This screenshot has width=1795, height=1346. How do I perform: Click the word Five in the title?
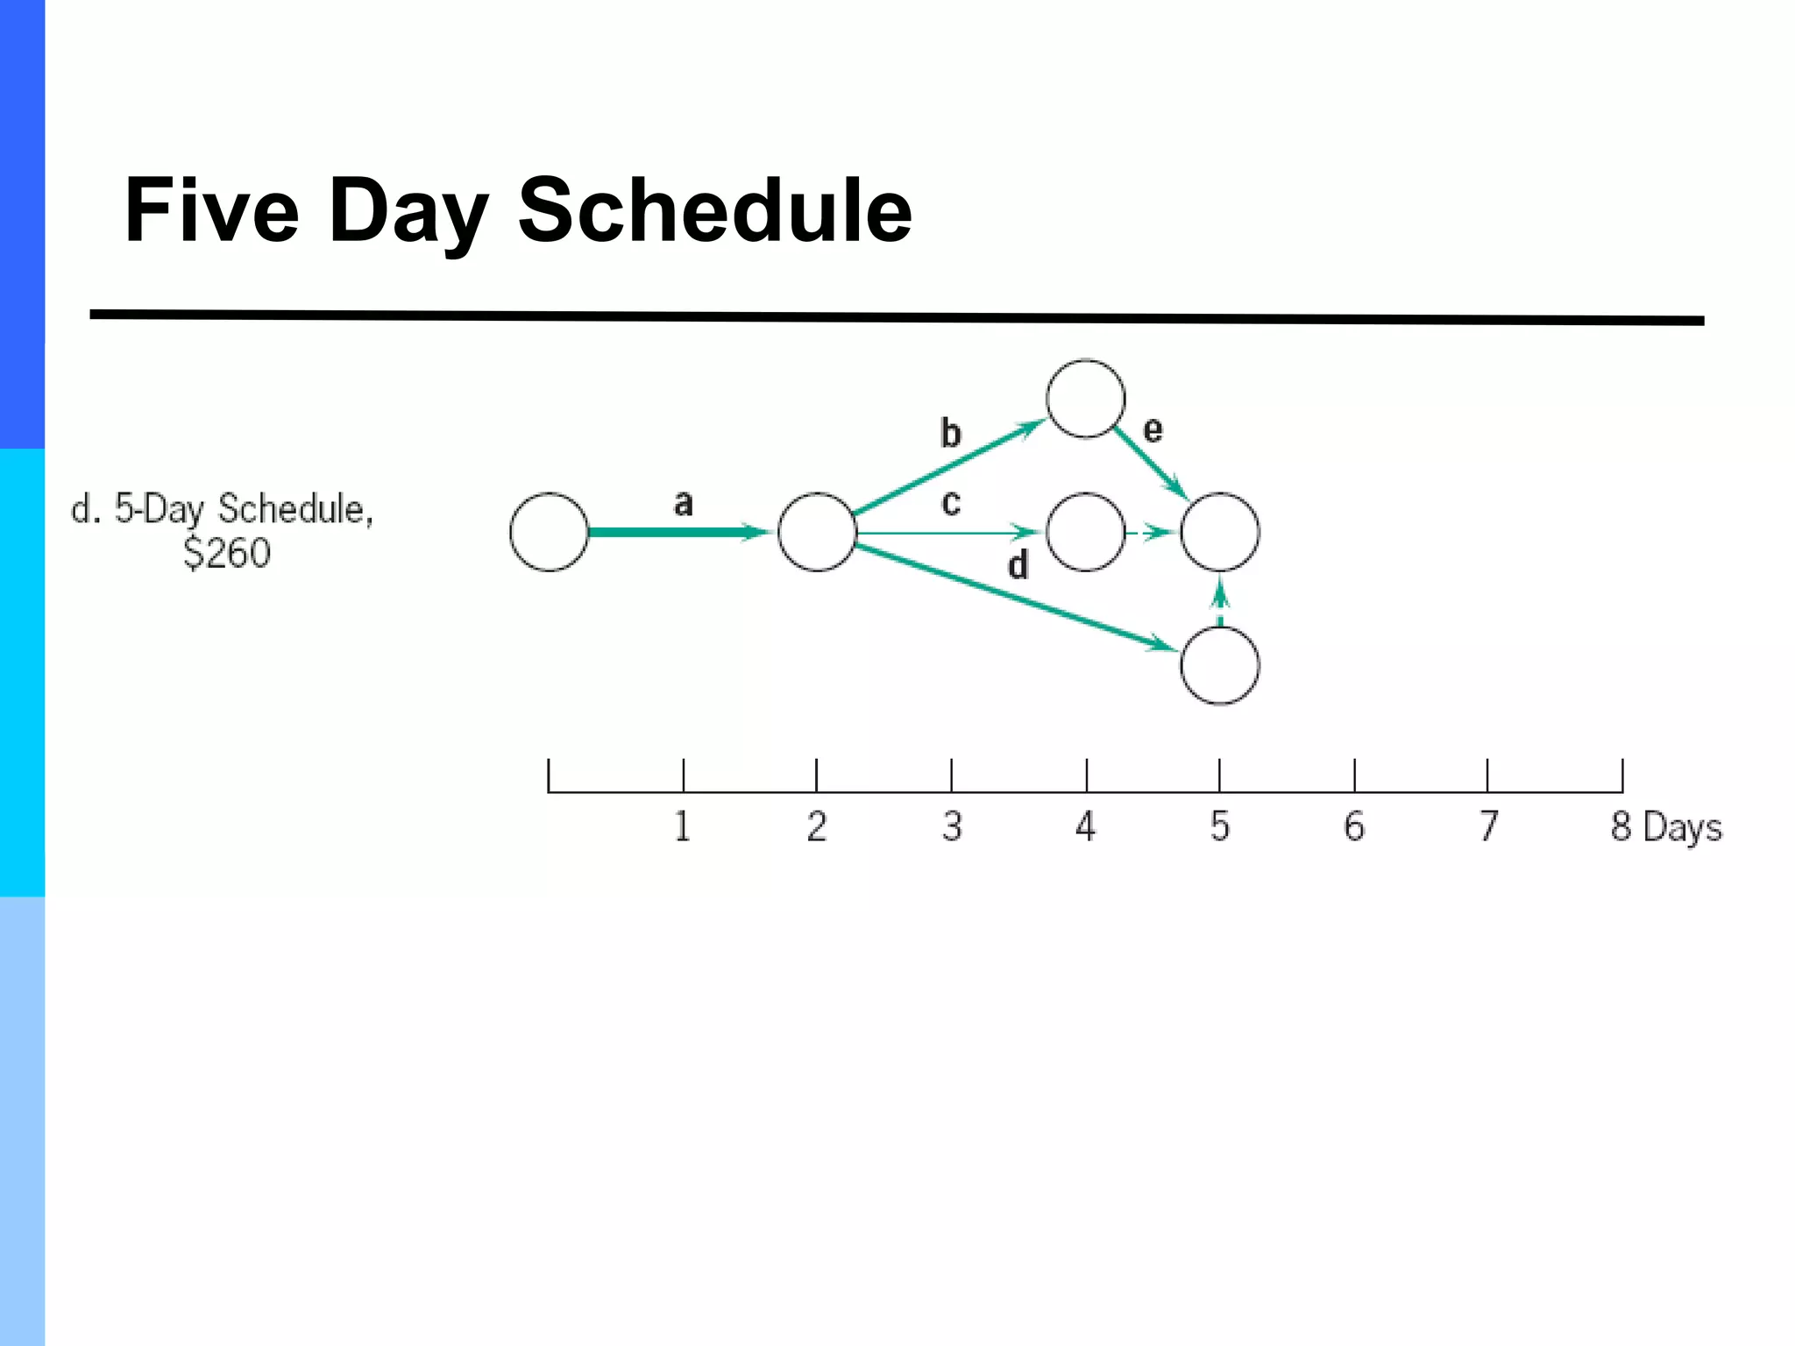(x=212, y=210)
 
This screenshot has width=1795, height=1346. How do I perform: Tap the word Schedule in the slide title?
(x=714, y=210)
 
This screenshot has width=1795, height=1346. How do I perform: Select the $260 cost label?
(x=227, y=553)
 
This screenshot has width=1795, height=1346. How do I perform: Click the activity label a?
(x=683, y=503)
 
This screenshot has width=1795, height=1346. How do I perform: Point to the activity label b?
(x=950, y=433)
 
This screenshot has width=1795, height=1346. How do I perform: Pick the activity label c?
(x=951, y=503)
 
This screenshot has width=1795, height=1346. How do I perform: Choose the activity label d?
(x=1018, y=565)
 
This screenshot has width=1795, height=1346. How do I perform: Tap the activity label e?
(x=1153, y=429)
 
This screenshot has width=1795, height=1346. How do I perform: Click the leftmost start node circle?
(x=550, y=532)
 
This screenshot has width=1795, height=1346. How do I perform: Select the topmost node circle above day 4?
(x=1086, y=399)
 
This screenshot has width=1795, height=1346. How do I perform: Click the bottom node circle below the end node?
(x=1220, y=666)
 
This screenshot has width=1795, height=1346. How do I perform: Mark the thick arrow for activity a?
(x=675, y=532)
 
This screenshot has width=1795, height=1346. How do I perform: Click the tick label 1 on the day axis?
(x=683, y=826)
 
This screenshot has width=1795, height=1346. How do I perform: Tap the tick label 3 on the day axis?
(x=952, y=826)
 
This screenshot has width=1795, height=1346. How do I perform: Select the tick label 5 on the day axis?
(x=1220, y=826)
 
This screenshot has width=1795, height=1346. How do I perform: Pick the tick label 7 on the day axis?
(x=1488, y=826)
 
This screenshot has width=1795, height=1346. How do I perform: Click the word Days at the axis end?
(x=1683, y=828)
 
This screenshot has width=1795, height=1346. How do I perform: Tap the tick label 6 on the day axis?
(x=1354, y=826)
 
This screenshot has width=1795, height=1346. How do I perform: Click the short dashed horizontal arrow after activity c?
(x=1151, y=532)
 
